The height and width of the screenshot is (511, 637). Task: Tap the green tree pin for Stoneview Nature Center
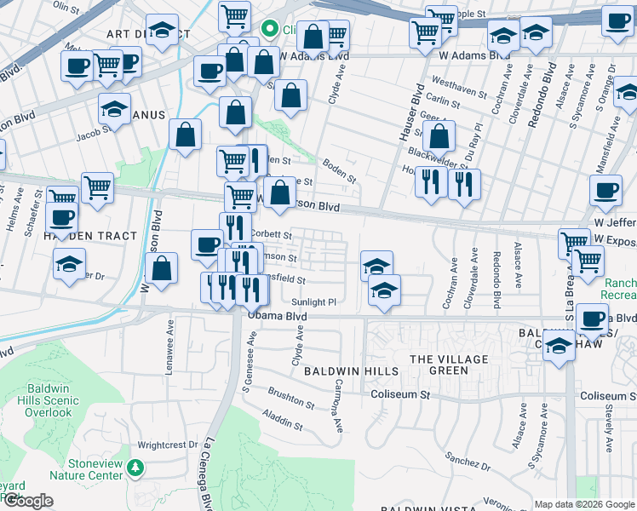pyautogui.click(x=135, y=468)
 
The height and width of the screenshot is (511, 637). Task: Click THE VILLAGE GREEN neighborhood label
pyautogui.click(x=449, y=365)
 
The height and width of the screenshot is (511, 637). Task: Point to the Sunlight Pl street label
pyautogui.click(x=314, y=301)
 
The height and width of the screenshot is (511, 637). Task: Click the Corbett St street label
pyautogui.click(x=273, y=236)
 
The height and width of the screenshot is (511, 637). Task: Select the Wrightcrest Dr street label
pyautogui.click(x=168, y=445)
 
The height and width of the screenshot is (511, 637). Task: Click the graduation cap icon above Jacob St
pyautogui.click(x=114, y=109)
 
